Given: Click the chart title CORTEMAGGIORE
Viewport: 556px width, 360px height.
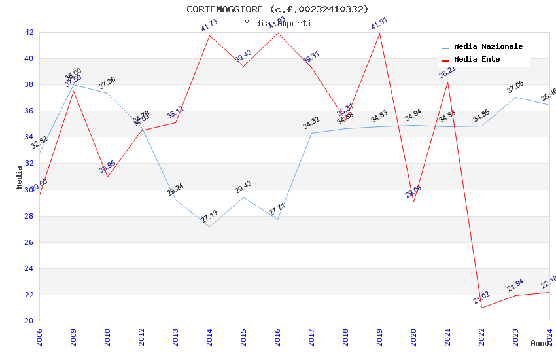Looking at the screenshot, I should [x=277, y=9].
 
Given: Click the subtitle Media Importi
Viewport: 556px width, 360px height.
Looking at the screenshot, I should [x=277, y=23].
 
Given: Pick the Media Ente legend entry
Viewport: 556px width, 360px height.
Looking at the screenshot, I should [x=477, y=60].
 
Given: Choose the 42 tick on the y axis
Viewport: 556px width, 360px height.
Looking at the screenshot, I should [x=29, y=32].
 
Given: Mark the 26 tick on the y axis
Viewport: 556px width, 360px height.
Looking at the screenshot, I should [x=29, y=242].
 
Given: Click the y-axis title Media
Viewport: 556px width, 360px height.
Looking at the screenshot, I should [x=20, y=177].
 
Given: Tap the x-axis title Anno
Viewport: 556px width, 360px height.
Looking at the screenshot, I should [x=540, y=343].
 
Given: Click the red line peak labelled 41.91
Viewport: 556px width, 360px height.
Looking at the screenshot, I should [x=379, y=33].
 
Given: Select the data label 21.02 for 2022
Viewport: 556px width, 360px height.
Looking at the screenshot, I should [x=481, y=298].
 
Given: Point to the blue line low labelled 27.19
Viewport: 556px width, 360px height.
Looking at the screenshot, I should [x=209, y=226].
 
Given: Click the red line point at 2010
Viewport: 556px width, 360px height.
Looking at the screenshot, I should [x=107, y=177].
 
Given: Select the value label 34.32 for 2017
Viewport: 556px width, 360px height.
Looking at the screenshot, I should [x=311, y=123].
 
